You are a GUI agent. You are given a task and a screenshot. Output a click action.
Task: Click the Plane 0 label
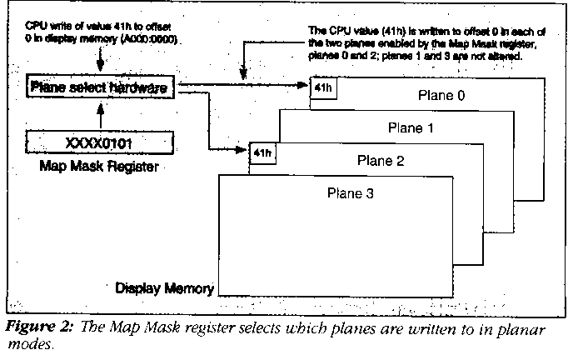pyautogui.click(x=441, y=96)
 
